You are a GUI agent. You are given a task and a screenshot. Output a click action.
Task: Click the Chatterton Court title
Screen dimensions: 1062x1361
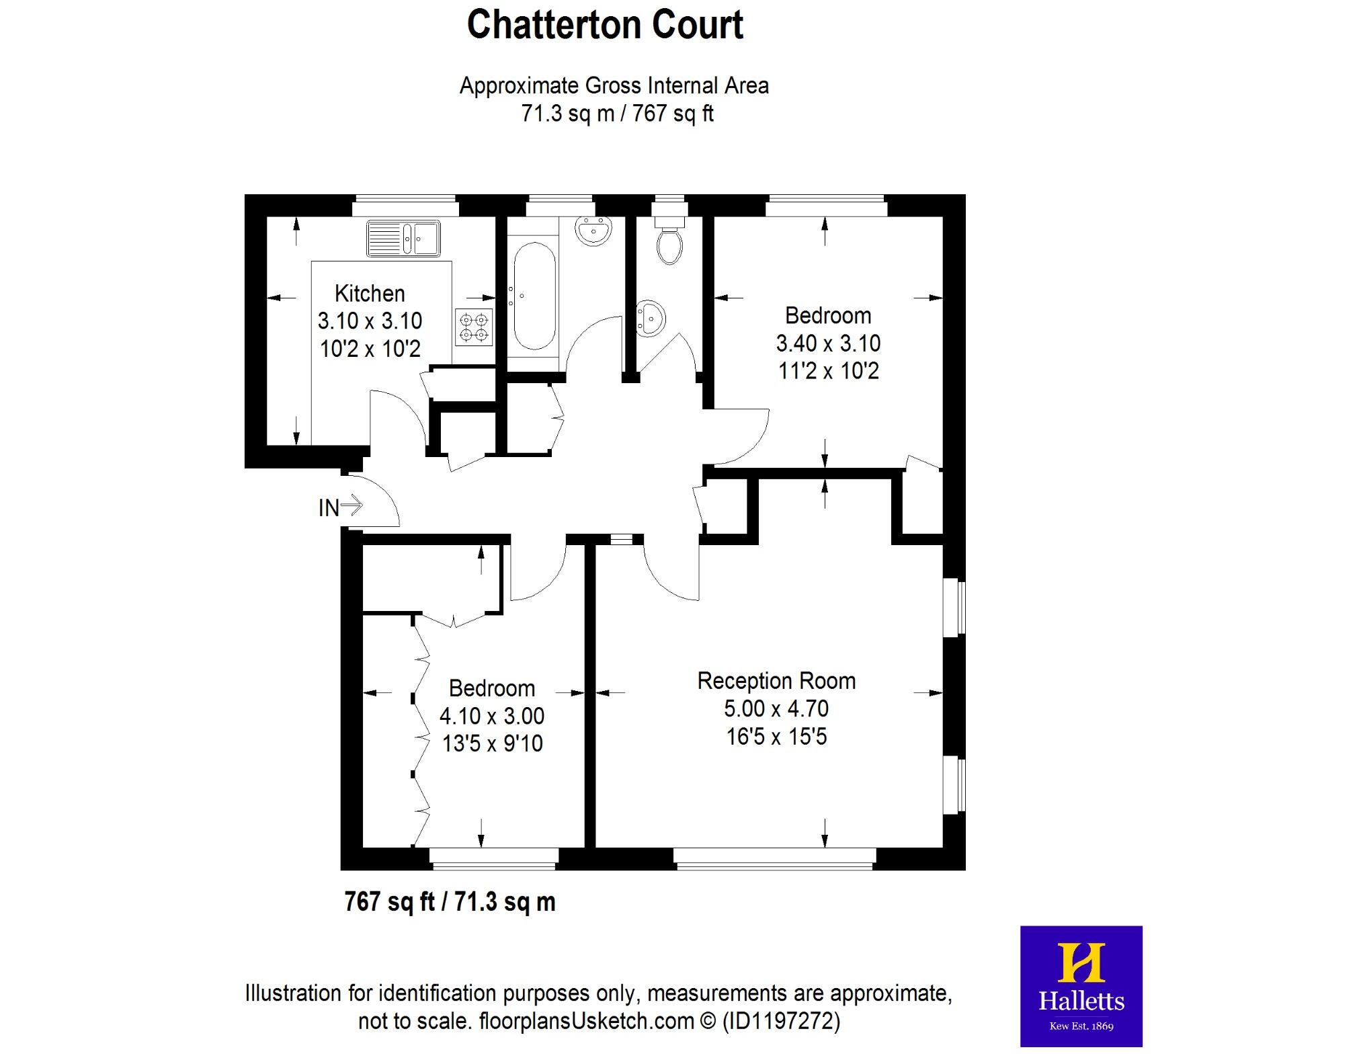(605, 26)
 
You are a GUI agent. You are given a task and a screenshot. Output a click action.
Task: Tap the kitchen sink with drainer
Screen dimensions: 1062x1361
(403, 238)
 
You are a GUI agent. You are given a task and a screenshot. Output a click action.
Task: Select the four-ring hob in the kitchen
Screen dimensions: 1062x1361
(473, 327)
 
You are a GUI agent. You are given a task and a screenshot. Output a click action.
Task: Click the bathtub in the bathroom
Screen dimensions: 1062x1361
(535, 296)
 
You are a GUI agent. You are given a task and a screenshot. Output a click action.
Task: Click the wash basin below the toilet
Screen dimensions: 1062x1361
(650, 317)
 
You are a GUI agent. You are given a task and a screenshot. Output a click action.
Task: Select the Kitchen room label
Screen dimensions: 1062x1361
(370, 294)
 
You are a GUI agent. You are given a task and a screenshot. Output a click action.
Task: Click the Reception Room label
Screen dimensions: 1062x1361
(776, 681)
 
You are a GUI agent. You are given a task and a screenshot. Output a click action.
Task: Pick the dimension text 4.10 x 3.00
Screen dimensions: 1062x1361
(492, 716)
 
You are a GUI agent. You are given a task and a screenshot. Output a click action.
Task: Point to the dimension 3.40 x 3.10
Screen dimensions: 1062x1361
(828, 343)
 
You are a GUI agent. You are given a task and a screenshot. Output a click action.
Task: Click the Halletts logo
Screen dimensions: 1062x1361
(1081, 986)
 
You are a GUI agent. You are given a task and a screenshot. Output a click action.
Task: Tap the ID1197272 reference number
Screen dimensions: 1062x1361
(781, 1022)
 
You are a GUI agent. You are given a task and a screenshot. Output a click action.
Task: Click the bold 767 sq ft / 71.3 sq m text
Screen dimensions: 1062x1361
(450, 901)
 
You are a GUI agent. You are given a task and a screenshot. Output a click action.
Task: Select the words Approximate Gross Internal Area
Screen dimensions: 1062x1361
(614, 86)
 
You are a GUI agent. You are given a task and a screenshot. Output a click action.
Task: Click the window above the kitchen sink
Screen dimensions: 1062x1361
(405, 205)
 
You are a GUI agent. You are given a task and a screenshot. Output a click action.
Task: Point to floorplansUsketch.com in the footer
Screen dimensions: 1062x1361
(586, 1022)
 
